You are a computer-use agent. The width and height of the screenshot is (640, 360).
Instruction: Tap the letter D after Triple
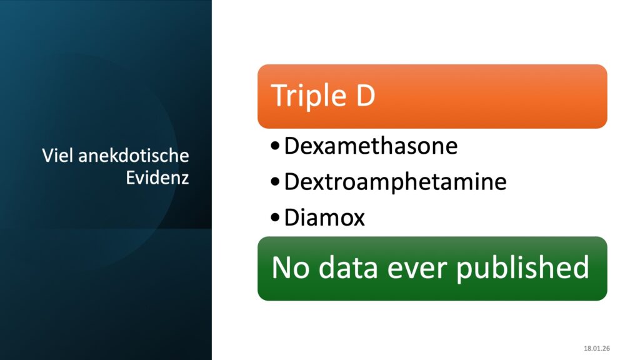pos(366,95)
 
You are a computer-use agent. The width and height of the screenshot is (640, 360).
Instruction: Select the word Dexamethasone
pos(371,146)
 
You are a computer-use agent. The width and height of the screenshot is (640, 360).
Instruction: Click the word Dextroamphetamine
pos(395,182)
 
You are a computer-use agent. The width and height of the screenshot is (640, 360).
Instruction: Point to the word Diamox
pos(324,217)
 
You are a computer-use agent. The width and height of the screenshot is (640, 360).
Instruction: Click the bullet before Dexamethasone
pos(275,145)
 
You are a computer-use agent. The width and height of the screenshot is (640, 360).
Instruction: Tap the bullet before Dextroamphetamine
pos(275,181)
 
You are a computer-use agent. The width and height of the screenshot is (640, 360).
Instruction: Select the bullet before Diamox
pos(275,217)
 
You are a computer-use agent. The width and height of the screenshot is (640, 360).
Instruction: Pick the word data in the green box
pos(347,267)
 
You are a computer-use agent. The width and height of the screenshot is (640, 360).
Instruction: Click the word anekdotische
pos(134,156)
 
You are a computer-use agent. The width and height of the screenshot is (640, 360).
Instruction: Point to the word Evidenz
pos(157,177)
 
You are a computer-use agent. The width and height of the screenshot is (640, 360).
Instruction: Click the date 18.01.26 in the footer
pos(597,349)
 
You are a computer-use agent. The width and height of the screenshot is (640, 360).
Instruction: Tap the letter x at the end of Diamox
pos(357,220)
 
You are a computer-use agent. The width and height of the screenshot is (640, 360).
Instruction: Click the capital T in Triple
pos(279,95)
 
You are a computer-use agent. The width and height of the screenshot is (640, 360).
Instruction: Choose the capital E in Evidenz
pos(130,177)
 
